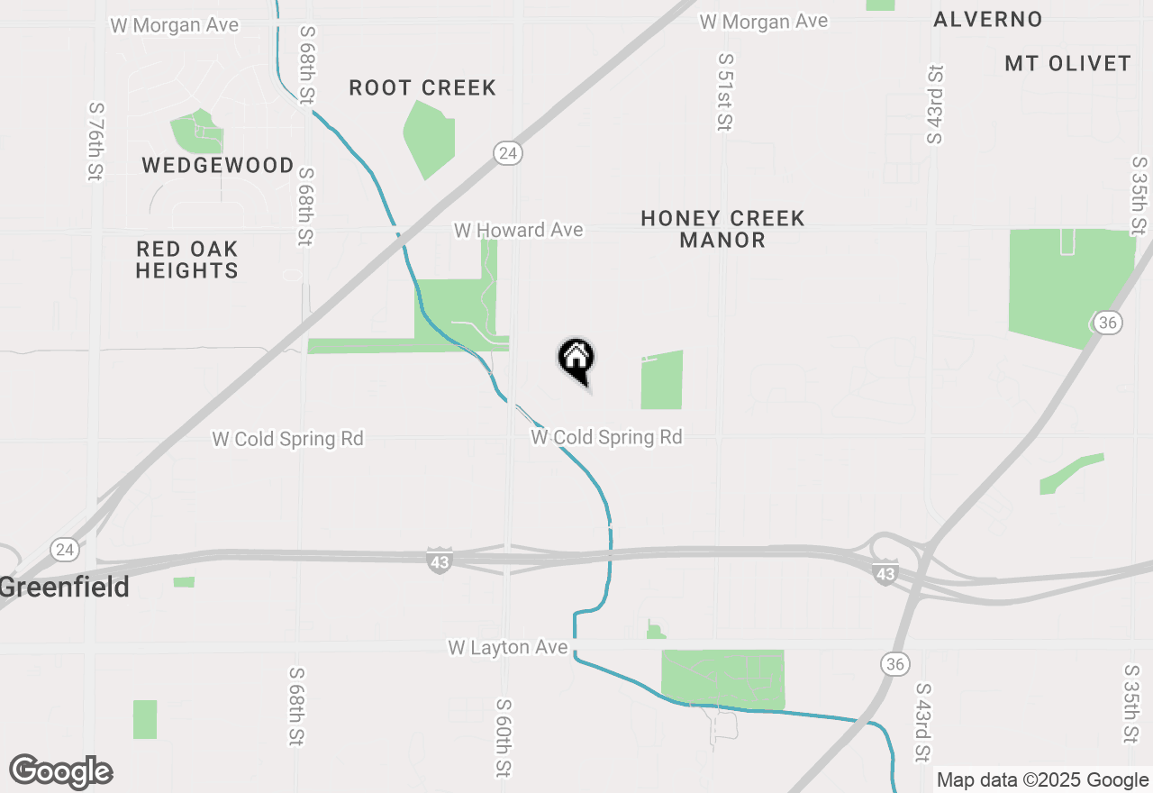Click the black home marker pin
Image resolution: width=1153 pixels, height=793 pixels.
pos(576,360)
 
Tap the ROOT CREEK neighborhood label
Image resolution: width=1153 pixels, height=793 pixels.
pos(422,87)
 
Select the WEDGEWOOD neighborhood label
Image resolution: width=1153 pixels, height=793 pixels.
pos(218,166)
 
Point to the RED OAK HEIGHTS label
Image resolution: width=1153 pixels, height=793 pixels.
pos(187,260)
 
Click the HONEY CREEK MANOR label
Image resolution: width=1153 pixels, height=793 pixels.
pos(722,229)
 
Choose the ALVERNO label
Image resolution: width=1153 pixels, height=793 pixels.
pos(988,20)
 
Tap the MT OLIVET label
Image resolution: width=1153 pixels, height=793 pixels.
pos(1067,63)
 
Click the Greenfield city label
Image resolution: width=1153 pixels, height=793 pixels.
pos(65,588)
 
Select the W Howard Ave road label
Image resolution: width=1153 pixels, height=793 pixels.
pos(518,231)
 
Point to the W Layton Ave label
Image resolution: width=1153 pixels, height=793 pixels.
pos(508,648)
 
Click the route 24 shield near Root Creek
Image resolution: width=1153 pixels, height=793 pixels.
pos(508,153)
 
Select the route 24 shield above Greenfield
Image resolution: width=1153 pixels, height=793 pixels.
pos(64,549)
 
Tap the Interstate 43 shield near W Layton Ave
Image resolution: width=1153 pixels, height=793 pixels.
pos(439,560)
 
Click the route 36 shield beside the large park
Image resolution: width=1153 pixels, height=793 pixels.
pos(1107,322)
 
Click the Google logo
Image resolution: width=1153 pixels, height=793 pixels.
pos(61,772)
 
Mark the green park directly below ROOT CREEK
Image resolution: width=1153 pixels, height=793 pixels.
pos(429,138)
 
